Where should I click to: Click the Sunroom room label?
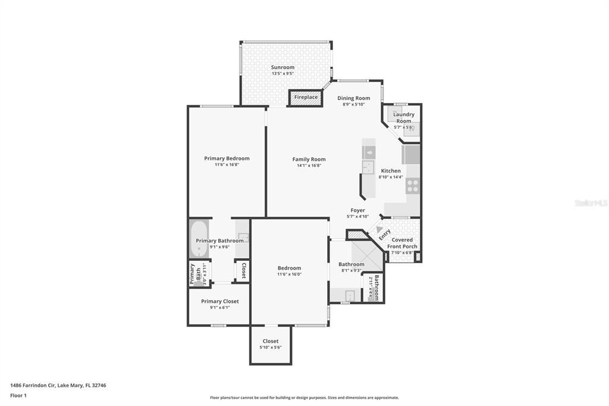pos(282,67)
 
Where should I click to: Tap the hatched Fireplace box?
pos(306,97)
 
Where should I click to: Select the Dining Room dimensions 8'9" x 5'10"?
pos(353,105)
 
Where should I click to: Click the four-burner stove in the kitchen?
pos(413,186)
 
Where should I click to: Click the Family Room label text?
pos(309,159)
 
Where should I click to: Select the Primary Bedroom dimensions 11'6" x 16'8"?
pos(227,165)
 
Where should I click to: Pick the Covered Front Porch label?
pos(402,243)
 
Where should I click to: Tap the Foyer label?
pos(357,210)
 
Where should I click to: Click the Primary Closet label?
pos(219,301)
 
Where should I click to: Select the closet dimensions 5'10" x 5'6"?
pos(270,348)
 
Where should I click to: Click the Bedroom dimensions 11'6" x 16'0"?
pos(289,274)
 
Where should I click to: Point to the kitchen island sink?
pos(368,153)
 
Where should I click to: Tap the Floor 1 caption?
pos(18,395)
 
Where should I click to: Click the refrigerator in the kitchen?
pos(411,155)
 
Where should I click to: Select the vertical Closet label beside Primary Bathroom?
pos(243,270)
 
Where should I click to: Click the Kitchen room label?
pos(391,171)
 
